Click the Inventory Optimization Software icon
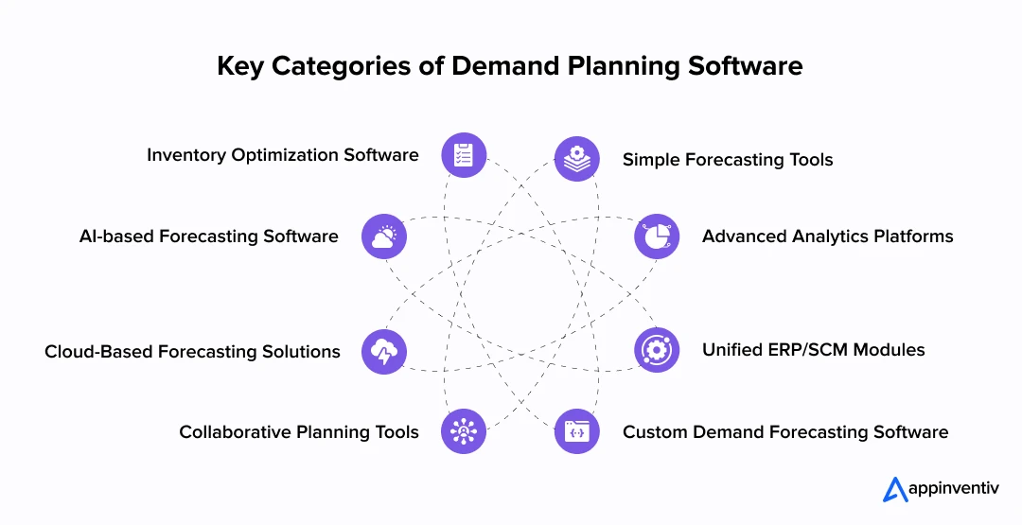tap(464, 155)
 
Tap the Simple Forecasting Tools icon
tap(576, 159)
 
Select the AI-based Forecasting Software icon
tap(384, 236)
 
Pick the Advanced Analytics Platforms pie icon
tap(656, 236)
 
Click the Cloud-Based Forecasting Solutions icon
tap(384, 352)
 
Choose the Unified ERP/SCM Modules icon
tap(656, 350)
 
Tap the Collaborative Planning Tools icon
tap(464, 431)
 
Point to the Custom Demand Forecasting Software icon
tap(576, 431)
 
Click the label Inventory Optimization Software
tap(282, 155)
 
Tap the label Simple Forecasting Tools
tap(728, 160)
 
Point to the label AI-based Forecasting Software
tap(208, 236)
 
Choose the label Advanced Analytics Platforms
tap(827, 236)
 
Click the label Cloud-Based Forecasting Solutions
tap(192, 352)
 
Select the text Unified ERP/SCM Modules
tap(813, 350)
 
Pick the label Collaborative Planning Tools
tap(299, 432)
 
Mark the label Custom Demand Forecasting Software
tap(784, 432)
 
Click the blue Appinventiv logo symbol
tap(895, 489)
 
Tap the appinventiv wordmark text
tap(955, 490)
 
